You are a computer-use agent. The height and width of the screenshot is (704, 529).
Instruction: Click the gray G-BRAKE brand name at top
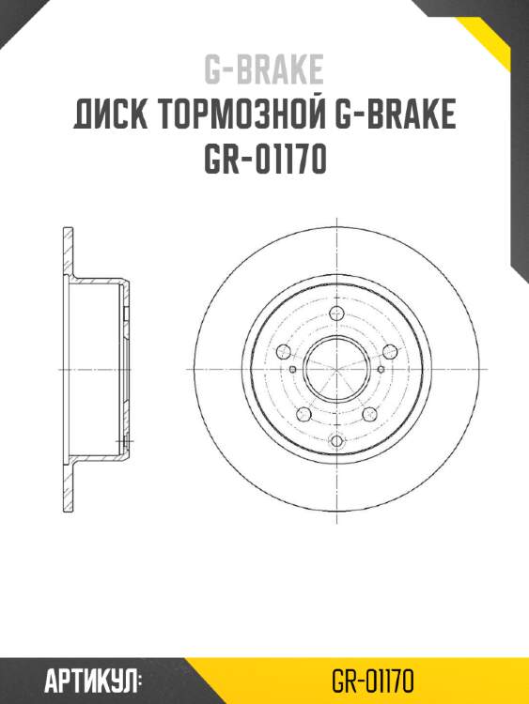[x=264, y=69]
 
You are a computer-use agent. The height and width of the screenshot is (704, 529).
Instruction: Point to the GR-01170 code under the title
[x=264, y=161]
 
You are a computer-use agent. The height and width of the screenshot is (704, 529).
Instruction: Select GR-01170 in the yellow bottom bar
[x=373, y=680]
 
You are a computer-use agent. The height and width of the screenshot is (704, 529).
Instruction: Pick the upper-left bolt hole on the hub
[x=284, y=352]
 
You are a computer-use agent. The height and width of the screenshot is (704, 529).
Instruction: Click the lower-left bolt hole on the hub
[x=303, y=414]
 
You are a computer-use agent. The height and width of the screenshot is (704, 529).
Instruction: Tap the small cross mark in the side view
[x=128, y=440]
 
